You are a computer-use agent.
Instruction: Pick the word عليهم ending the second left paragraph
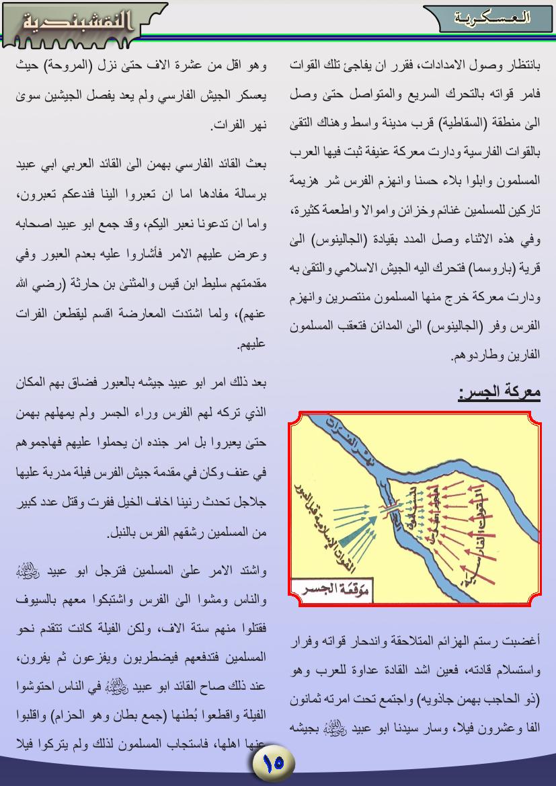pyautogui.click(x=251, y=344)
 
